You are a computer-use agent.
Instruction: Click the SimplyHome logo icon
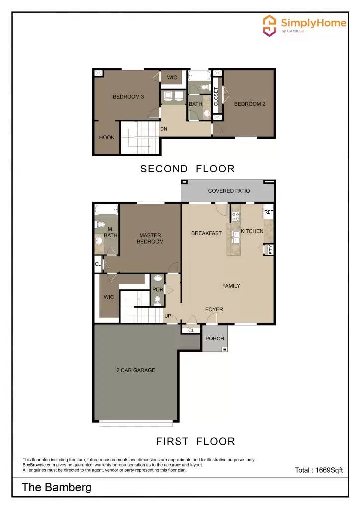click(270, 25)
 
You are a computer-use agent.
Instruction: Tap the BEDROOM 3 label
click(128, 97)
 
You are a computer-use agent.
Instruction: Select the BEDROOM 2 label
click(249, 104)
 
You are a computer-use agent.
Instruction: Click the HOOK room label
click(107, 138)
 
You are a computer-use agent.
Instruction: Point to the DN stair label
click(163, 129)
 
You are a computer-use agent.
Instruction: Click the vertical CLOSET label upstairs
click(216, 97)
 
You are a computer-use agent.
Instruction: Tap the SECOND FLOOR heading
click(187, 169)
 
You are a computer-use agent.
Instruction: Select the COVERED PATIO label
click(229, 191)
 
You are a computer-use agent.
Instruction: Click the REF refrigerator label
click(269, 212)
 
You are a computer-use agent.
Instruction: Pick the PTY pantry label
click(270, 250)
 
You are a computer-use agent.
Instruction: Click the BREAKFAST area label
click(206, 233)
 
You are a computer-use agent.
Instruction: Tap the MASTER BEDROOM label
click(150, 239)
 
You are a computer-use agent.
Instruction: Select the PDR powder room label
click(158, 290)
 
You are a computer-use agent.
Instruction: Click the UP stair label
click(168, 316)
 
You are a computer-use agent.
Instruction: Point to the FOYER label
click(214, 310)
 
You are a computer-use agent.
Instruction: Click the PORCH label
click(215, 339)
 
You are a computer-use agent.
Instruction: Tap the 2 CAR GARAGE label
click(135, 370)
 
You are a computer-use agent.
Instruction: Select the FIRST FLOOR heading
click(195, 441)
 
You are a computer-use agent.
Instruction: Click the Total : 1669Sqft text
click(319, 470)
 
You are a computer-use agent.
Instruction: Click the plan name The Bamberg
click(57, 487)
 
